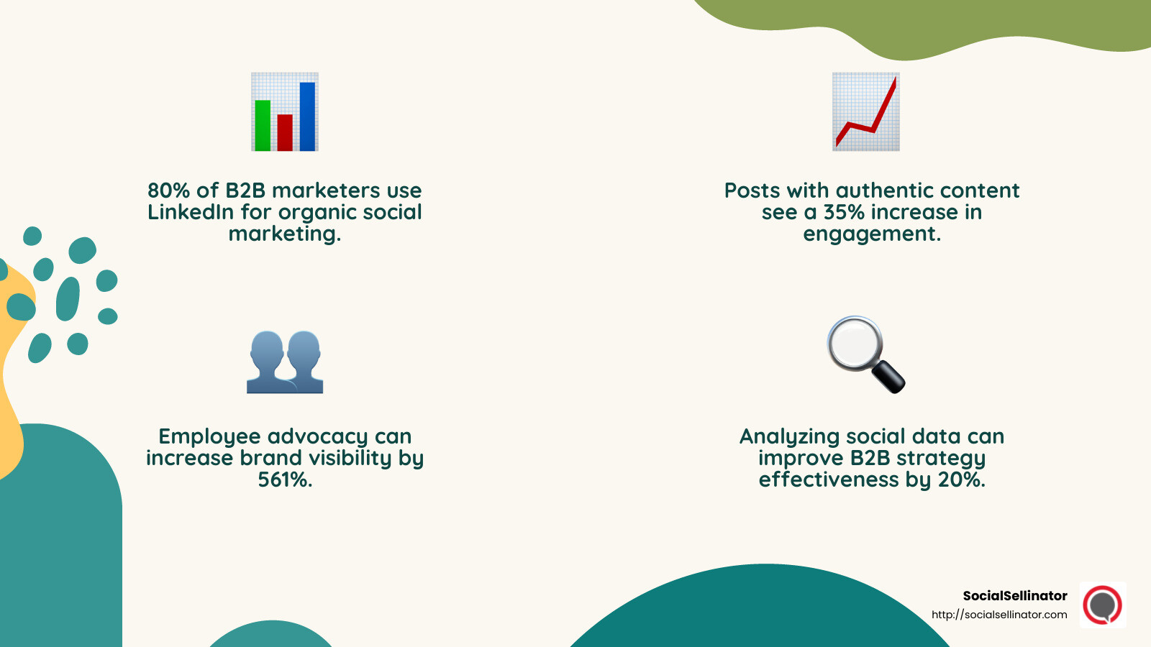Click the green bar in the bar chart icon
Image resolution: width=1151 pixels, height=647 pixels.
[x=263, y=126]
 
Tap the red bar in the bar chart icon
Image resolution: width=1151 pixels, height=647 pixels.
[x=285, y=133]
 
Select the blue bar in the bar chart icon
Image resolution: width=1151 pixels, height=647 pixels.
[x=307, y=116]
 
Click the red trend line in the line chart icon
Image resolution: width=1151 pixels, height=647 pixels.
[x=873, y=122]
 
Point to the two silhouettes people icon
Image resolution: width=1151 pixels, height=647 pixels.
[x=285, y=362]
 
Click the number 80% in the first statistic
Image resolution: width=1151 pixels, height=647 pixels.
[x=168, y=191]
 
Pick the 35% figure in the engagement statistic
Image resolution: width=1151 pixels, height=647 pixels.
[x=843, y=212]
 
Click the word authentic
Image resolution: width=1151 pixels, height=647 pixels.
[x=881, y=191]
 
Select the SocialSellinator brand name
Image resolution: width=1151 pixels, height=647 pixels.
[x=1015, y=595]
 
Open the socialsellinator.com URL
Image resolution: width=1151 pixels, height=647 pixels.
[x=999, y=615]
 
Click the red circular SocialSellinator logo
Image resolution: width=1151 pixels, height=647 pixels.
[x=1103, y=605]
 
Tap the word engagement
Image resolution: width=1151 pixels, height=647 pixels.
[x=871, y=234]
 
